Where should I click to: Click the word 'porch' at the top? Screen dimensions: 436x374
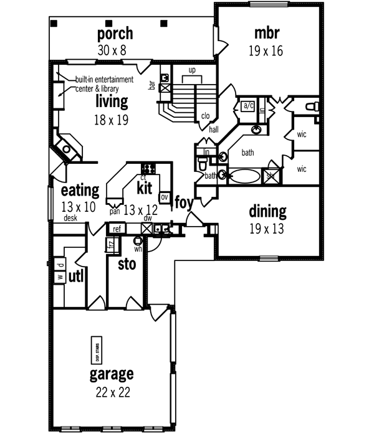click(x=112, y=32)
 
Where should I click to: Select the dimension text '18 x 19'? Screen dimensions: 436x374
click(x=112, y=120)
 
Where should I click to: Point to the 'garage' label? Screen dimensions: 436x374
click(x=112, y=374)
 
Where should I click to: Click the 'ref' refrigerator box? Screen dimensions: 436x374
click(x=117, y=229)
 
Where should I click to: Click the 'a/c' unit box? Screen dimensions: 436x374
click(x=247, y=105)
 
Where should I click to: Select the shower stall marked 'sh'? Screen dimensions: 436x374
click(x=271, y=175)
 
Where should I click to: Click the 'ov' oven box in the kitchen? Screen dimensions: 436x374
click(x=165, y=197)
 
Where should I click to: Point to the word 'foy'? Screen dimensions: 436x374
click(x=183, y=202)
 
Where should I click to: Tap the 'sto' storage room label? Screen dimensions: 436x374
click(x=127, y=265)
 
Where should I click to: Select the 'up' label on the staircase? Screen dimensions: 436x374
click(x=192, y=70)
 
